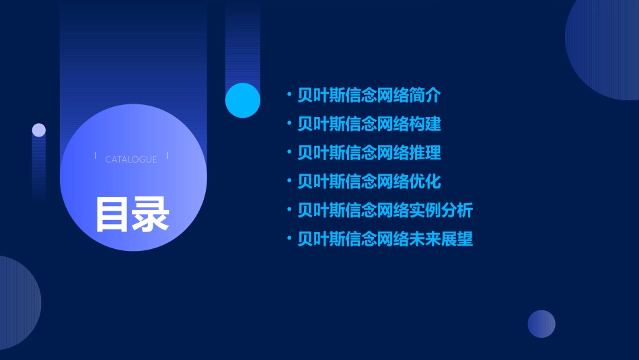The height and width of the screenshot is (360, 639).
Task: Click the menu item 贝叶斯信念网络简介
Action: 369,96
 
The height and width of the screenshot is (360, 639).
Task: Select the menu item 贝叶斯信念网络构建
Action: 369,124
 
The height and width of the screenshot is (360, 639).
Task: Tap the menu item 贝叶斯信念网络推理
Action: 369,153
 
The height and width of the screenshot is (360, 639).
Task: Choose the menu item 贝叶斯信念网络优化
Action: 369,182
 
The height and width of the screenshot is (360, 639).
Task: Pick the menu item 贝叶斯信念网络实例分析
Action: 385,210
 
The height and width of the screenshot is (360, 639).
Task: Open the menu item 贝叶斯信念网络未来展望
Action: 385,239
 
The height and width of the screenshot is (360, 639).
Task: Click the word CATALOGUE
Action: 131,159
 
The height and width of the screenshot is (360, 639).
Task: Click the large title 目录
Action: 132,214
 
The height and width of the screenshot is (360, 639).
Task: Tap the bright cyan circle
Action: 243,100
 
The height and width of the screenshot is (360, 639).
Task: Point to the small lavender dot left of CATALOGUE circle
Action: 39,130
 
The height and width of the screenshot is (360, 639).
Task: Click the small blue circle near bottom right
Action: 541,324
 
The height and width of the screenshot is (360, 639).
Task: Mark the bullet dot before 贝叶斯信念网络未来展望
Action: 289,239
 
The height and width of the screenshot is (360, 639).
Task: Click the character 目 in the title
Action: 112,214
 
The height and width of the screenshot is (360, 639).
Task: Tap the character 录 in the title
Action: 151,214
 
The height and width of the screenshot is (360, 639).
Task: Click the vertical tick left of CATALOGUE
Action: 96,156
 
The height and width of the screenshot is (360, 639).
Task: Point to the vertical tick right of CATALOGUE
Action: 167,156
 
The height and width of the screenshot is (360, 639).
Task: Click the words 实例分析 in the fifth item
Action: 441,210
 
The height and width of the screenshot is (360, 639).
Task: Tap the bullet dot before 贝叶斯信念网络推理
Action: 289,153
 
